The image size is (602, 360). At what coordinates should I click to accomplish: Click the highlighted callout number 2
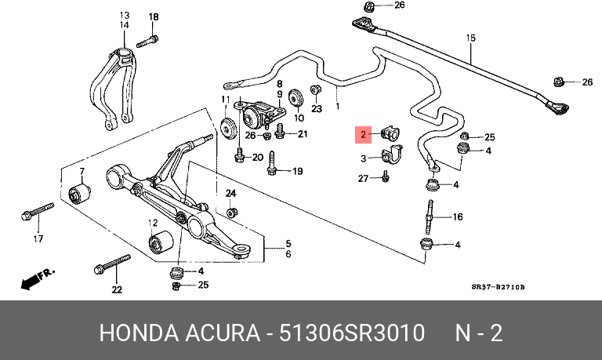pyautogui.click(x=363, y=135)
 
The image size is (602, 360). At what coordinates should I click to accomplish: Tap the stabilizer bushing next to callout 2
pyautogui.click(x=390, y=133)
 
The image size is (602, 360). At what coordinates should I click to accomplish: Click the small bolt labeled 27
pyautogui.click(x=386, y=176)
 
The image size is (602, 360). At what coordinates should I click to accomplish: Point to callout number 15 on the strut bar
pyautogui.click(x=470, y=38)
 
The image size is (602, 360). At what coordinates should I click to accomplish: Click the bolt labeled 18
pyautogui.click(x=147, y=41)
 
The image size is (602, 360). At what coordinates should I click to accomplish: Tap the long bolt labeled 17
pyautogui.click(x=38, y=212)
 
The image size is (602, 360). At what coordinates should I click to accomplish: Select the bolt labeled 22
pyautogui.click(x=112, y=264)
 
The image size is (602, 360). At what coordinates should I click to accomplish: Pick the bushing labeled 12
pyautogui.click(x=161, y=242)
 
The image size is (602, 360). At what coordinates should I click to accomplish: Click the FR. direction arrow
pyautogui.click(x=38, y=279)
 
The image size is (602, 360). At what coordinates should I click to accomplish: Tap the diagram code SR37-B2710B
pyautogui.click(x=498, y=287)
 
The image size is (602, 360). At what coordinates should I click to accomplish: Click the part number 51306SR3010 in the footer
pyautogui.click(x=352, y=333)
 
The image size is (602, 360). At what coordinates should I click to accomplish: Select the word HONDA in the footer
pyautogui.click(x=139, y=333)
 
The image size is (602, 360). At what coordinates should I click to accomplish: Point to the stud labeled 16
pyautogui.click(x=430, y=217)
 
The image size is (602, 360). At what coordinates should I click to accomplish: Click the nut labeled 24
pyautogui.click(x=231, y=212)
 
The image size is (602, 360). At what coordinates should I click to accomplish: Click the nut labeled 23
pyautogui.click(x=316, y=90)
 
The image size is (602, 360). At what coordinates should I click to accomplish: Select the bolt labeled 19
pyautogui.click(x=272, y=163)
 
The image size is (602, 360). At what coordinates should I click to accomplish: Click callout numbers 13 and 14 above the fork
pyautogui.click(x=125, y=20)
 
